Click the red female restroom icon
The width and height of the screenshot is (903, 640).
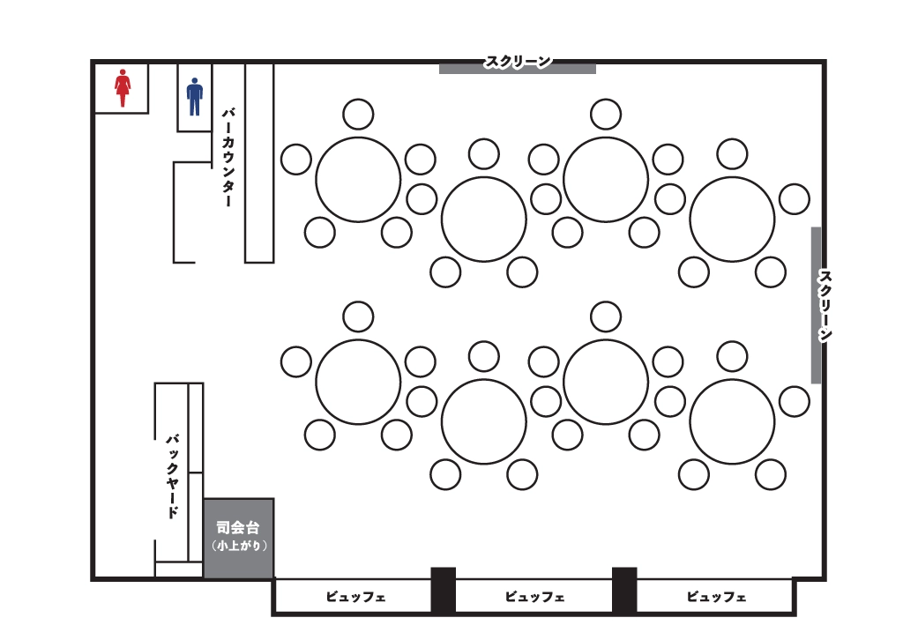click(x=123, y=89)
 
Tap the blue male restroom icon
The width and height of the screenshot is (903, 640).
click(x=194, y=96)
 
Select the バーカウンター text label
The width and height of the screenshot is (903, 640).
click(x=228, y=157)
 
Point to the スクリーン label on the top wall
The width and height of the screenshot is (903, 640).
click(x=518, y=61)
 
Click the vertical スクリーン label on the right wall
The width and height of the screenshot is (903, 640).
click(x=825, y=305)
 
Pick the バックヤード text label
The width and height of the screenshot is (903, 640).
click(x=173, y=475)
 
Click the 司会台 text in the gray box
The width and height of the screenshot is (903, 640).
click(x=238, y=528)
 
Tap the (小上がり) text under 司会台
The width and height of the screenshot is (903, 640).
click(x=238, y=546)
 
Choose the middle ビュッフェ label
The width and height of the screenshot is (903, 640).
click(x=534, y=597)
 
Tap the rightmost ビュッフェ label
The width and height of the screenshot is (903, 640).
click(x=715, y=597)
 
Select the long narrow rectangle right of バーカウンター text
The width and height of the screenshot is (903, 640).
click(x=259, y=163)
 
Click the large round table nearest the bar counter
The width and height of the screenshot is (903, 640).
click(x=358, y=179)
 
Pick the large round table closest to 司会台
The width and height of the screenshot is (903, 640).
click(x=358, y=382)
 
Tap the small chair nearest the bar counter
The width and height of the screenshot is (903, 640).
click(x=296, y=160)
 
